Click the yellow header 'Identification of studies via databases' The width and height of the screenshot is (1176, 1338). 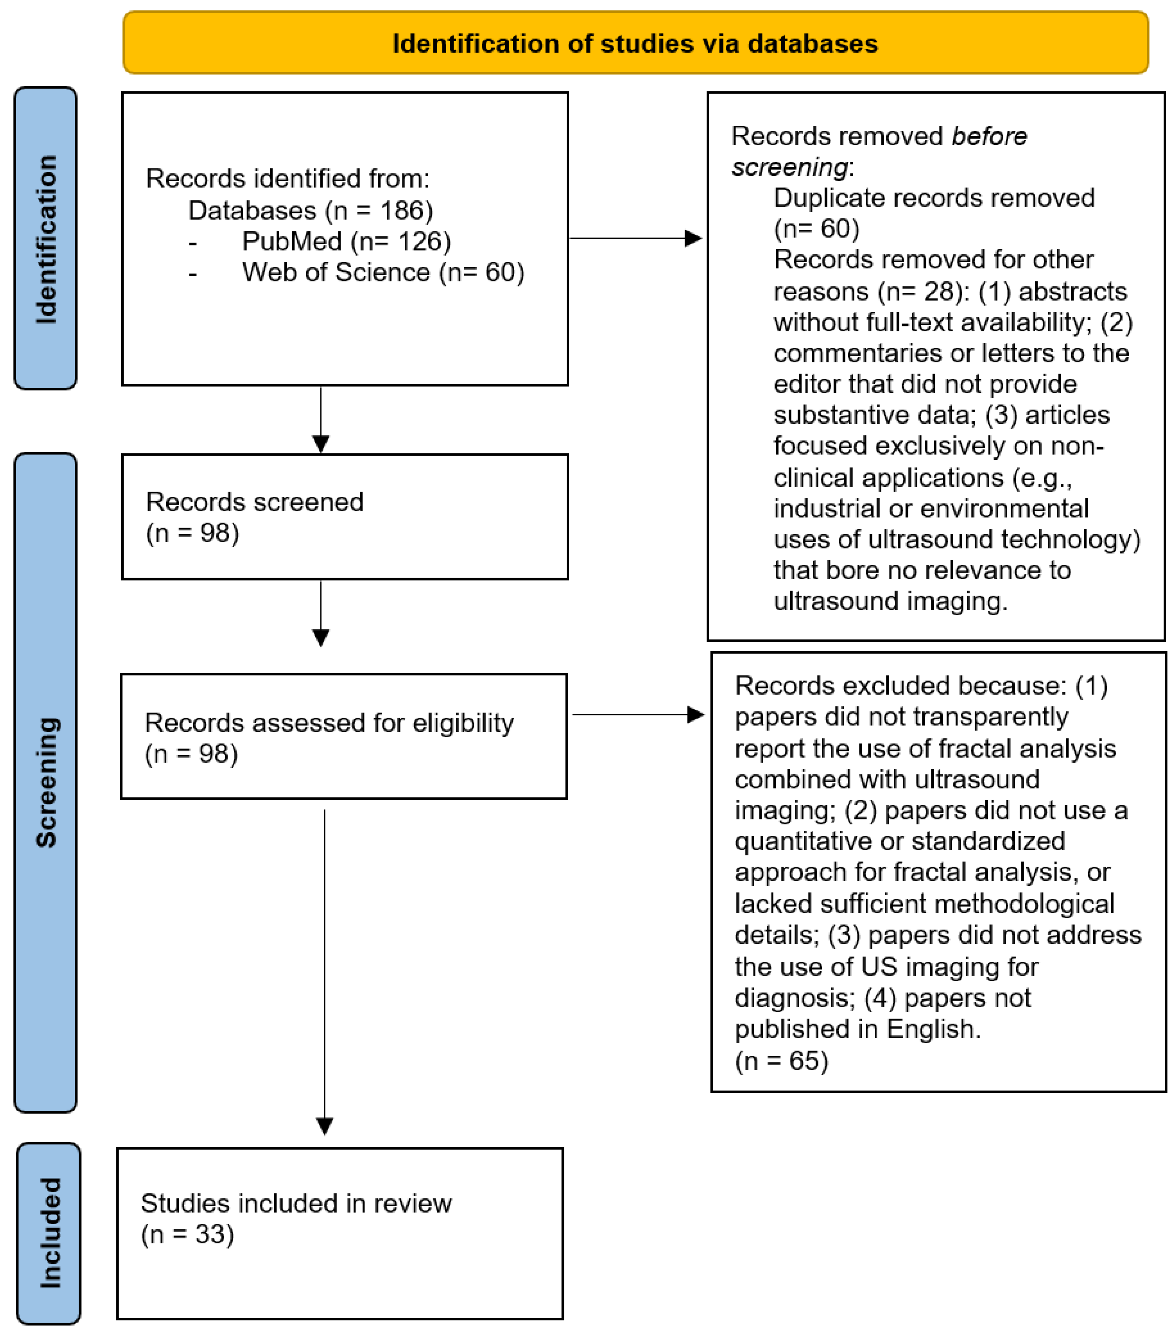point(635,43)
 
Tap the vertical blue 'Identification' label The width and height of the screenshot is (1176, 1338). point(46,239)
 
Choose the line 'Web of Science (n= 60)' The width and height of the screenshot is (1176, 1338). point(383,272)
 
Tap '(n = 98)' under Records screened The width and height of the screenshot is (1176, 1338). point(192,533)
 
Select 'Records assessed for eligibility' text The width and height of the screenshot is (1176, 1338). point(329,723)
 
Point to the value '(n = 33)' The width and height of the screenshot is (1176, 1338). point(187,1234)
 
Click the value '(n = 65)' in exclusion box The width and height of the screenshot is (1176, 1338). point(782,1061)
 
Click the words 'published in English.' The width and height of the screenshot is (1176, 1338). point(857,1029)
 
